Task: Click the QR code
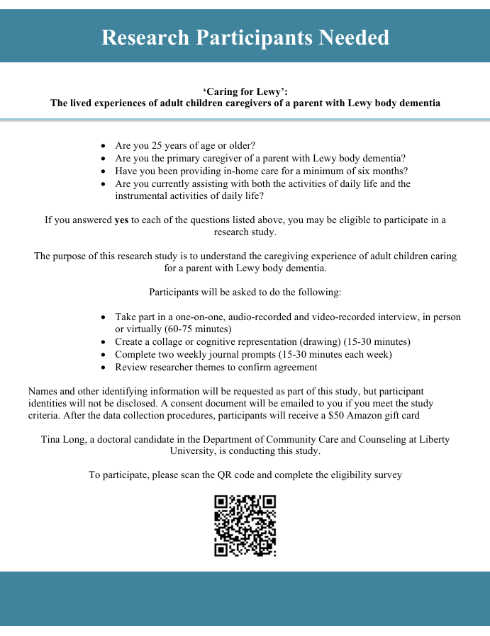[x=245, y=526]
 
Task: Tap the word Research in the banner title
[x=145, y=37]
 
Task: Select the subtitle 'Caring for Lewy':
[x=245, y=91]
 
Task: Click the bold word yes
[x=121, y=220]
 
